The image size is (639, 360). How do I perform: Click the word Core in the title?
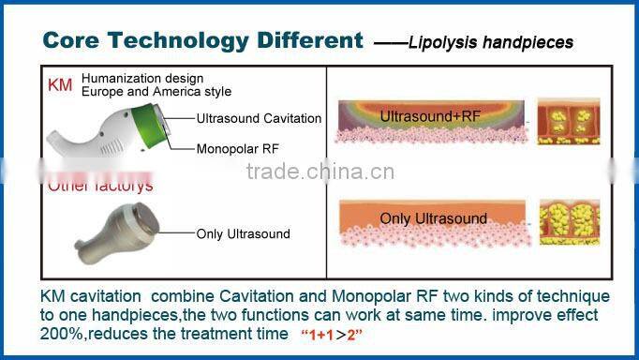point(73,40)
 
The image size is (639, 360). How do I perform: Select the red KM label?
point(59,84)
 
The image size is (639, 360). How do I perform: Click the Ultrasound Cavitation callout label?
point(259,119)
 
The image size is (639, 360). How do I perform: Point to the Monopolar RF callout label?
point(238,148)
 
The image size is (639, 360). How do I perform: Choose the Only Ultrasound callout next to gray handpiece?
point(243,234)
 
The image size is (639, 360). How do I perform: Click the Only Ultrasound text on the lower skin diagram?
point(434,218)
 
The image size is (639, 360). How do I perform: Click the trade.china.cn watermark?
point(319,172)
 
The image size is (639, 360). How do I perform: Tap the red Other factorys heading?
point(100,186)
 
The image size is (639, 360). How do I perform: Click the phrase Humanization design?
point(141,78)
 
